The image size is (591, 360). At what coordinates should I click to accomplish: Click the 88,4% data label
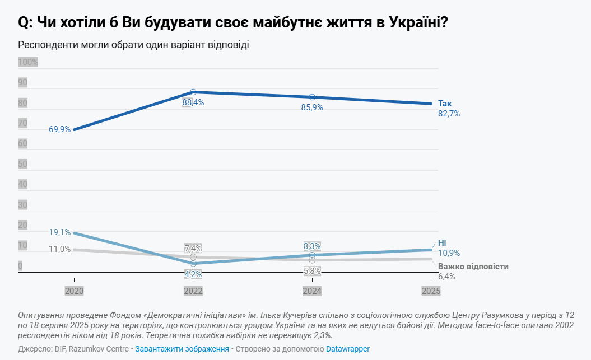[193, 103]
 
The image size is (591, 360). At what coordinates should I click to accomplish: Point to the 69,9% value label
[60, 129]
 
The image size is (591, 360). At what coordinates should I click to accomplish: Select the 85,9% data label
[312, 107]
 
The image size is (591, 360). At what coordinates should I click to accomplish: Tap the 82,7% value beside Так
[449, 114]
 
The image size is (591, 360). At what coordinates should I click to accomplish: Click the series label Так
[445, 104]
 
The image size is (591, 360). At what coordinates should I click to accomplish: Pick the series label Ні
[442, 242]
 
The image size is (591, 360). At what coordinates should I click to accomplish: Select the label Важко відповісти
[473, 267]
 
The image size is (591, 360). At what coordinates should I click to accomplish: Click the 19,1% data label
[60, 232]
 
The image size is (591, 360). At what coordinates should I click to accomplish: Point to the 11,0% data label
[60, 249]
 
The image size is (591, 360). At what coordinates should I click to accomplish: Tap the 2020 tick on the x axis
[74, 291]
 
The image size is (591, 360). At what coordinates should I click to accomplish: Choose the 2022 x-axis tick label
[193, 291]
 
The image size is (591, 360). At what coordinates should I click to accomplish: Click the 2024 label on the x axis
[312, 291]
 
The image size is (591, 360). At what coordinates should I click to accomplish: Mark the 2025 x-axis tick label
[431, 291]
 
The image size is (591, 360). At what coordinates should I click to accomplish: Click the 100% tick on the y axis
[28, 62]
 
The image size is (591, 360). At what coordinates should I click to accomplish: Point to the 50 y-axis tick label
[23, 164]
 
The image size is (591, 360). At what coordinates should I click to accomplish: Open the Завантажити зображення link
[182, 349]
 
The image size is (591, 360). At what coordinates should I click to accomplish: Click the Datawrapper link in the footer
[348, 349]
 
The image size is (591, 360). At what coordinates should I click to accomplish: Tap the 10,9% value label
[449, 253]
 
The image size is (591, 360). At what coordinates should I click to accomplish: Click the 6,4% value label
[446, 277]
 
